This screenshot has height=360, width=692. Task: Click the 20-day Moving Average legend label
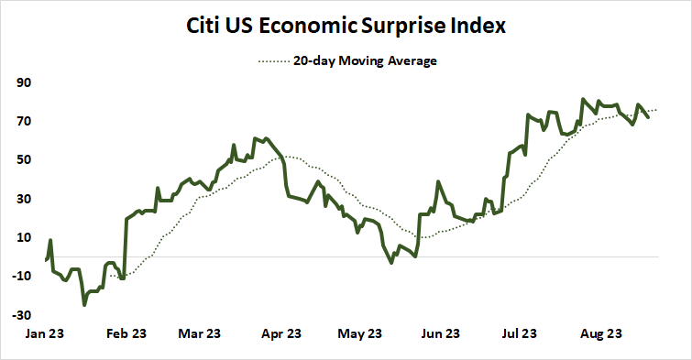[x=364, y=61]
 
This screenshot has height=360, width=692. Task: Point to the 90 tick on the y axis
[x=23, y=82]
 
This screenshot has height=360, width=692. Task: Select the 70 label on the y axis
[x=23, y=121]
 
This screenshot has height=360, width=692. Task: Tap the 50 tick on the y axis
[x=23, y=159]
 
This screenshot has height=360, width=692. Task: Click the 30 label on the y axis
[x=23, y=199]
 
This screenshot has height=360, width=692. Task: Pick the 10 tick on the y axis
[x=23, y=237]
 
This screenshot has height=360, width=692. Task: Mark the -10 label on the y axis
[x=21, y=276]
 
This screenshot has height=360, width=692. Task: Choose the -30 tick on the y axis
[x=21, y=314]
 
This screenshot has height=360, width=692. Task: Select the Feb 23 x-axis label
[x=126, y=334]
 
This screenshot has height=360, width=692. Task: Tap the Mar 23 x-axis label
[x=200, y=334]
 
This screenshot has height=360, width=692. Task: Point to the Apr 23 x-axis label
[x=281, y=334]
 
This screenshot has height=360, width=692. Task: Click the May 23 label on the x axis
[x=361, y=334]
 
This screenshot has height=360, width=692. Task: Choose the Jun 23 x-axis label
[x=441, y=334]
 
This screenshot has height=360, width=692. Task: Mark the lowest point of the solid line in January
[x=84, y=304]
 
